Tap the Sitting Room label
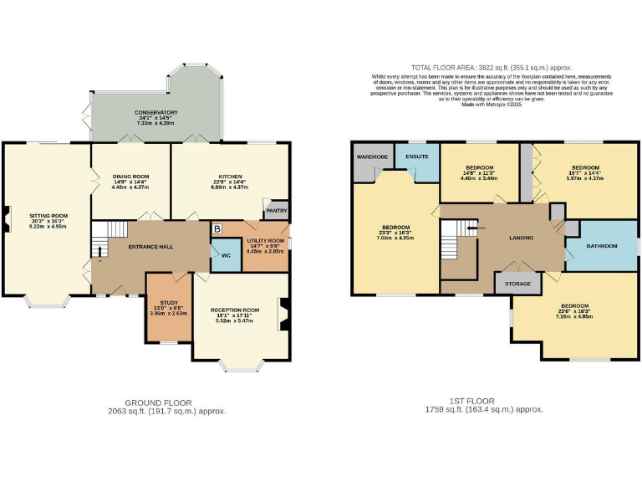[48, 216]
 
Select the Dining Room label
[130, 177]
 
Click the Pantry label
[277, 211]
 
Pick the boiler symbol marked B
[217, 228]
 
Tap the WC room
[226, 255]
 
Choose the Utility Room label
[264, 241]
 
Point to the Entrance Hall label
[150, 246]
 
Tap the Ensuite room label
[417, 156]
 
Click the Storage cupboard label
[517, 285]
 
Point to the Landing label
[521, 238]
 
